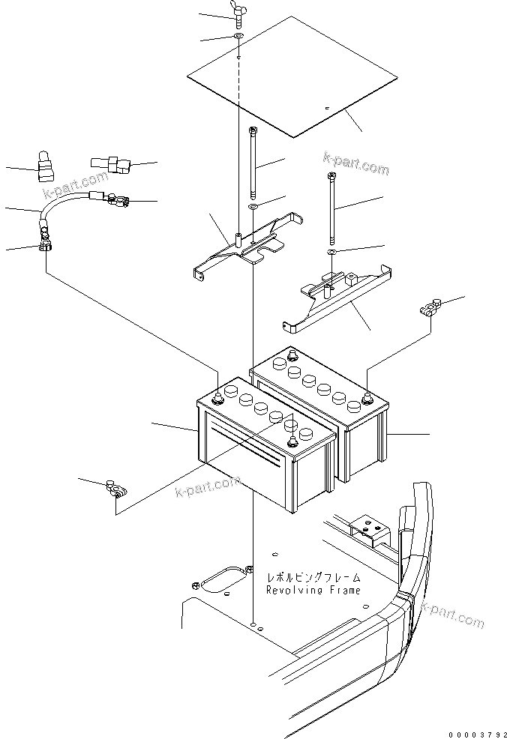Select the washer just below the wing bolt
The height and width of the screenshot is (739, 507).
click(238, 37)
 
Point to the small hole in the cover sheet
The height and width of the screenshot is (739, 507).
click(326, 109)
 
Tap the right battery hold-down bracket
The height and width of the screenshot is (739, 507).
click(337, 296)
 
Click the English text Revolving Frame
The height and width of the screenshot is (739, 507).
click(313, 590)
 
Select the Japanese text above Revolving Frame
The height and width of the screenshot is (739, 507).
click(313, 578)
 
